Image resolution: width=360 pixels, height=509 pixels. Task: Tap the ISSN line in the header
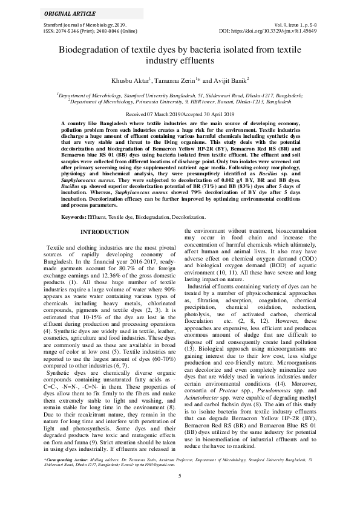pos(85,30)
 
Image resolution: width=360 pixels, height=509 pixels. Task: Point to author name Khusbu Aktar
pos(133,80)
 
